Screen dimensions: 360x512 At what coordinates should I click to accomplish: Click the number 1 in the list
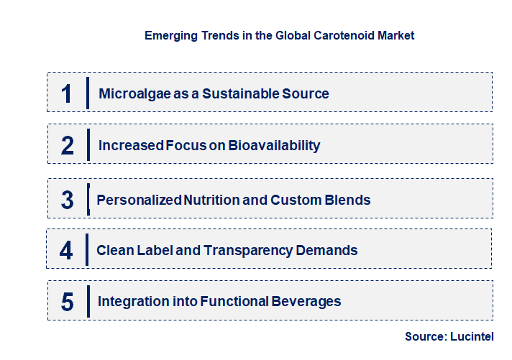[67, 93]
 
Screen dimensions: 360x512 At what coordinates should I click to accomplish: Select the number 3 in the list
[68, 199]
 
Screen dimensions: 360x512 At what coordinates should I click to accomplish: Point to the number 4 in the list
[67, 251]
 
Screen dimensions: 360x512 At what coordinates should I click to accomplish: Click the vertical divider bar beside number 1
[88, 93]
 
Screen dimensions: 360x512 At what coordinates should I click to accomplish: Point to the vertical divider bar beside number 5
[88, 300]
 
